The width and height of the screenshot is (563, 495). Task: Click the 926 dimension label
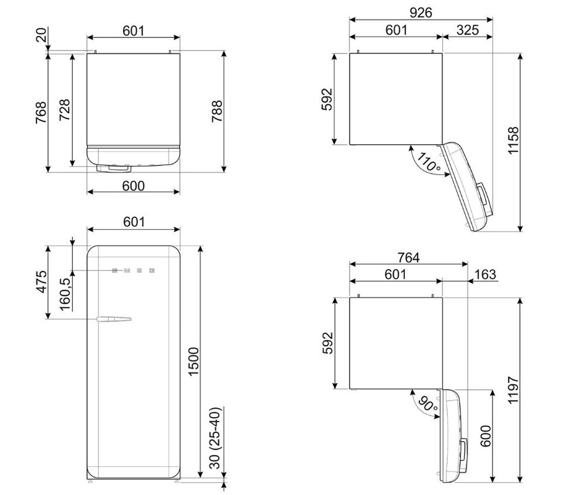(x=420, y=13)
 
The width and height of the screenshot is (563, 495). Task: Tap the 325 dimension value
(x=467, y=30)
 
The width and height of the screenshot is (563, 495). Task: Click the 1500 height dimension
(x=194, y=361)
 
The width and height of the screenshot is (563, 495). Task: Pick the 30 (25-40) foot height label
(x=215, y=438)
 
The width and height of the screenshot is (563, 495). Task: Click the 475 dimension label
(x=42, y=282)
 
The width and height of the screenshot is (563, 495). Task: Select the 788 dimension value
(x=217, y=111)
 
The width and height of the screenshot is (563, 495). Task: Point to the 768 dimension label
(x=41, y=113)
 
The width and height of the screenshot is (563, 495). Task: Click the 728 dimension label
(x=65, y=110)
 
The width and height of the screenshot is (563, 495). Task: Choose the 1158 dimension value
(x=514, y=141)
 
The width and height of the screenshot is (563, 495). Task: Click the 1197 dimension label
(x=514, y=391)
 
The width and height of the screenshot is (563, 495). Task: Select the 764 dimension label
(x=409, y=257)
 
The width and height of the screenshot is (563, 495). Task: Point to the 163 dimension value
(x=485, y=274)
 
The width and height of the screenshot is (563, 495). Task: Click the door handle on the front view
(x=114, y=319)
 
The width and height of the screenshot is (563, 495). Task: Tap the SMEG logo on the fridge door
(x=133, y=270)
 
